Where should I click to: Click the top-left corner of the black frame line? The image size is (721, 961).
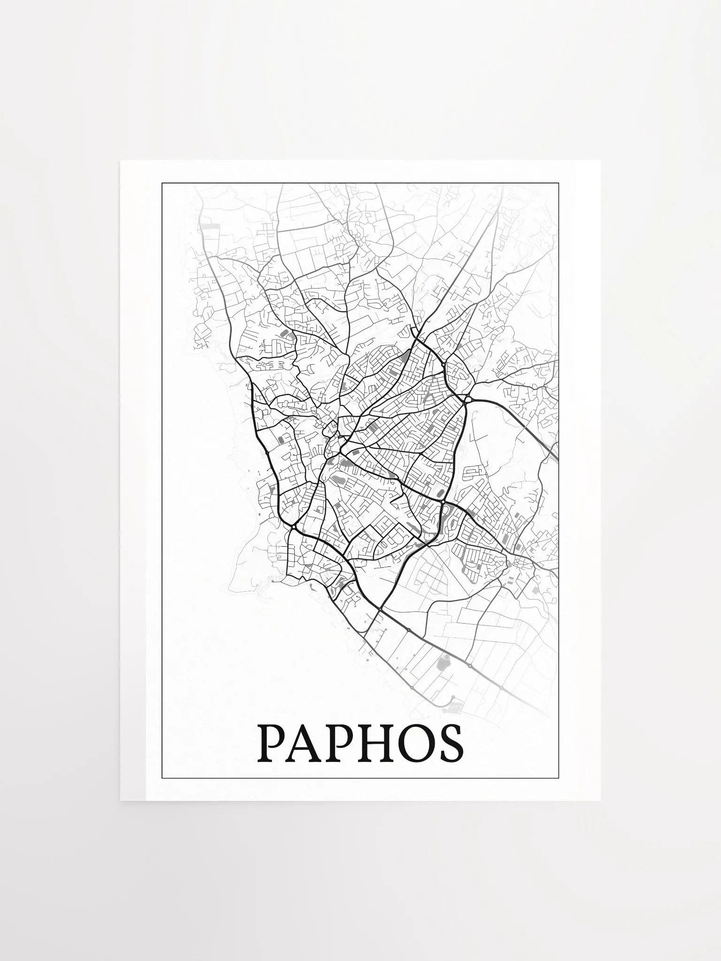(162, 183)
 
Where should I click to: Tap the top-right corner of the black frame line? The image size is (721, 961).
(559, 183)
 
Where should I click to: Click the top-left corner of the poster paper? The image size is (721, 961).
(121, 161)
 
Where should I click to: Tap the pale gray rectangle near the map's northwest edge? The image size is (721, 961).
(210, 226)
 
